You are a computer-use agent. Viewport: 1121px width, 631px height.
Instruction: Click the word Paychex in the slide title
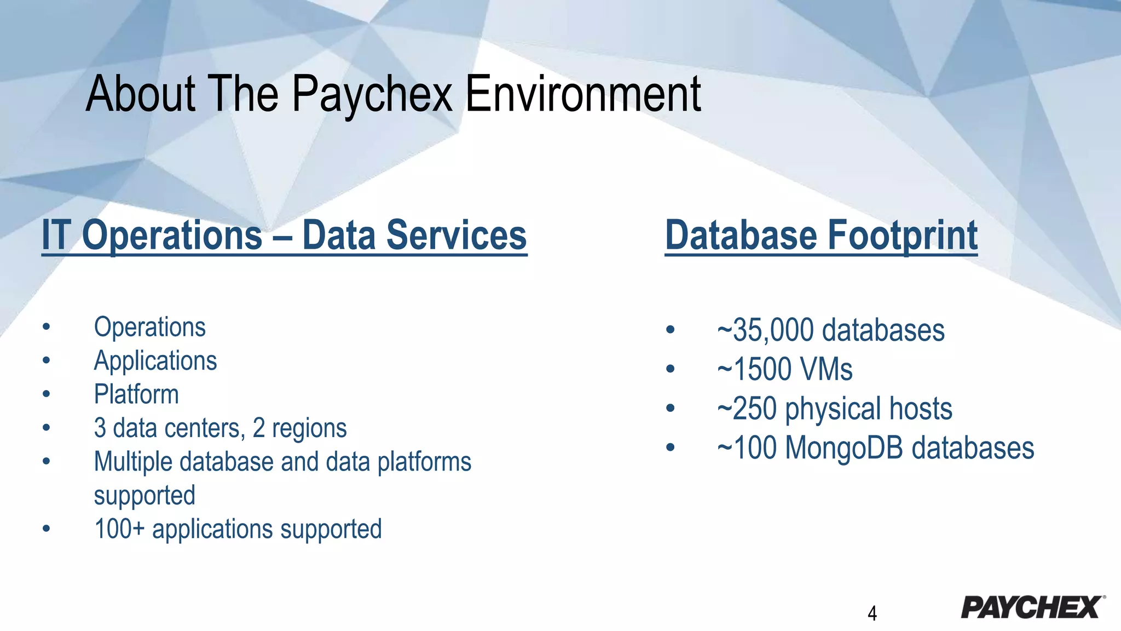pos(372,94)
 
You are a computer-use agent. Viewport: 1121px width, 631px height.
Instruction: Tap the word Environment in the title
pos(583,94)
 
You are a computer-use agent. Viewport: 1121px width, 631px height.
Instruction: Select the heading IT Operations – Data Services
pos(284,235)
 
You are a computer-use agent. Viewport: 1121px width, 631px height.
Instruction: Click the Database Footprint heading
pos(821,235)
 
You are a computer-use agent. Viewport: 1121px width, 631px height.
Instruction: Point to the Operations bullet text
pos(149,327)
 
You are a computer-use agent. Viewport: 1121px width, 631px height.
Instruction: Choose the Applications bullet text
pos(155,361)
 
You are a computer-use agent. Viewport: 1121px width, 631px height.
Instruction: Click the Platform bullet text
pos(136,394)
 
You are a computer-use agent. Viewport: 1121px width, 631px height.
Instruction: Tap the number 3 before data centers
pos(100,428)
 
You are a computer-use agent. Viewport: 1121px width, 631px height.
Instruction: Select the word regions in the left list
pos(309,428)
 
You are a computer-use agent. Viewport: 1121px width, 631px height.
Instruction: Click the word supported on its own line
pos(145,495)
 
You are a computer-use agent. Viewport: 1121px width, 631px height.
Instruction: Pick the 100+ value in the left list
pos(119,529)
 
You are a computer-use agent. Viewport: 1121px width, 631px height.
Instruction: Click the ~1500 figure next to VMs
pos(755,369)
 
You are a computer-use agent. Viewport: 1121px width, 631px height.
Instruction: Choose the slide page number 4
pos(872,613)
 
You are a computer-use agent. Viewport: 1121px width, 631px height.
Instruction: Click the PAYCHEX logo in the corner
pos(1032,607)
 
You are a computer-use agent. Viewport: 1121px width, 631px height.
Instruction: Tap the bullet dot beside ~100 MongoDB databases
pos(671,448)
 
